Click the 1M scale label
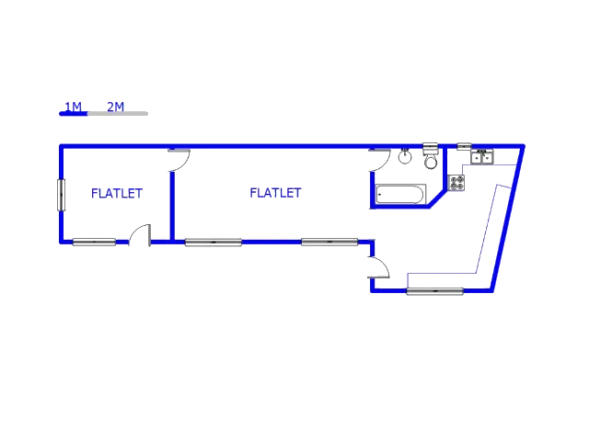[x=73, y=107]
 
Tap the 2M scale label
[x=115, y=107]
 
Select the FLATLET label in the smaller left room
[x=117, y=193]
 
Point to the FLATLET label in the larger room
[x=276, y=193]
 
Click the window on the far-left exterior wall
[x=58, y=195]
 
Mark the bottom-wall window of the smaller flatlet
[x=94, y=243]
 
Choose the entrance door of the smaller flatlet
[x=141, y=233]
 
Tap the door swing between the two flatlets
[x=179, y=162]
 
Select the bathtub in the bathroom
[x=401, y=195]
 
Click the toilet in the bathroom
[x=430, y=160]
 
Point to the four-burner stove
[x=457, y=182]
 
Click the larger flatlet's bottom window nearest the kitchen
[x=329, y=243]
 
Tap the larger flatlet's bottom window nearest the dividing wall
[x=214, y=243]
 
